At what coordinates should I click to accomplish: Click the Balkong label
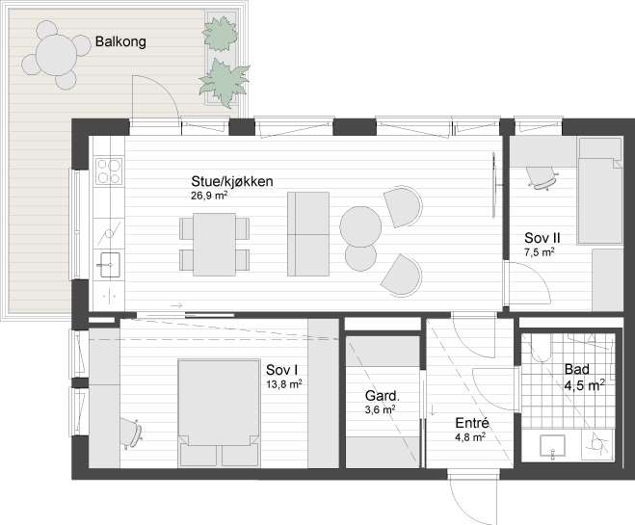click(120, 42)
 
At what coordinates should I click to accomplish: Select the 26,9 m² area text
click(209, 195)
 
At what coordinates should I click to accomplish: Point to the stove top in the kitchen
click(109, 171)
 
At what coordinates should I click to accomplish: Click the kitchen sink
click(109, 261)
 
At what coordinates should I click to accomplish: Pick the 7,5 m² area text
click(540, 252)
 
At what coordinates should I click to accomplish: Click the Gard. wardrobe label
click(383, 396)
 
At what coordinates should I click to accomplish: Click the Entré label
click(472, 423)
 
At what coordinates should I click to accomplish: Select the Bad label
click(576, 370)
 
